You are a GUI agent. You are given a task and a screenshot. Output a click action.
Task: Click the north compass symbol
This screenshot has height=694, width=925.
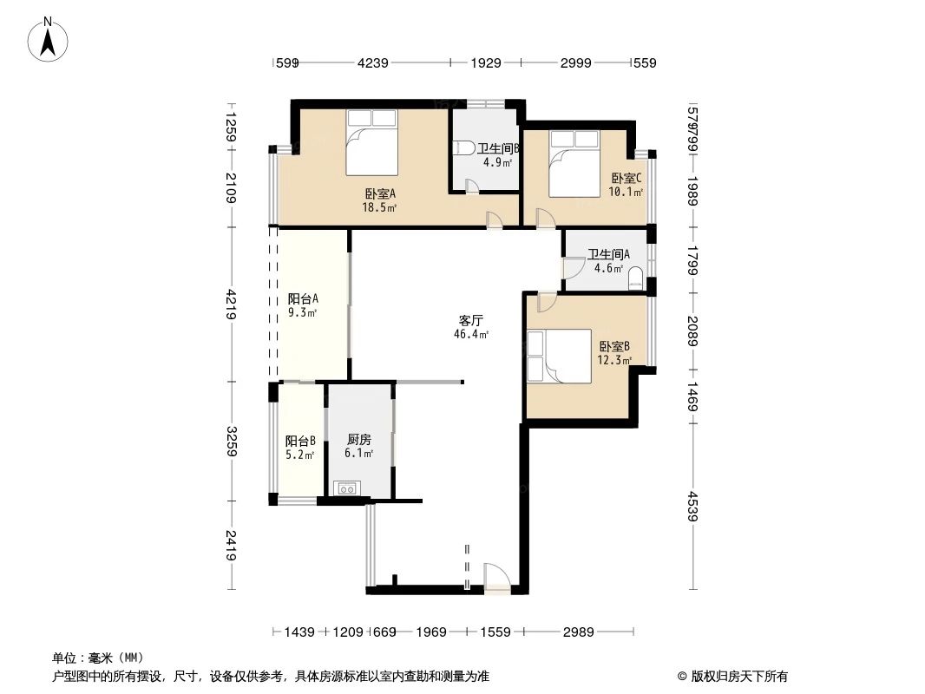coord(50,40)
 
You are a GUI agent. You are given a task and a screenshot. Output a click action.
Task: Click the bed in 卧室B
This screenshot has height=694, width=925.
coord(559,356)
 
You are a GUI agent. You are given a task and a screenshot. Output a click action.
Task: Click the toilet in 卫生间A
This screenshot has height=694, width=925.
coord(635,278)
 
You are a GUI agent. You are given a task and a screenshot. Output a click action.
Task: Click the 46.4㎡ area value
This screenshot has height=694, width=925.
coord(470,334)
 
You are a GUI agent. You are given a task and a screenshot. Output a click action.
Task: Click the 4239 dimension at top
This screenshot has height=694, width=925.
coord(373,62)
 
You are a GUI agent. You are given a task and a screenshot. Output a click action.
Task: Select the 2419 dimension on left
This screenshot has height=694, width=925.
coord(231,544)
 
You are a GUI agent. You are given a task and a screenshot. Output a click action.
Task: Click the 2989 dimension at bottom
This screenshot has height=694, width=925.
coord(578,632)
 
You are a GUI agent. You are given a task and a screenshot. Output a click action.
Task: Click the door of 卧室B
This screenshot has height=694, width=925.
coord(547,301)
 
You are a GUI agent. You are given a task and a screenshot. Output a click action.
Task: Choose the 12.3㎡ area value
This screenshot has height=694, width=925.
coord(613,360)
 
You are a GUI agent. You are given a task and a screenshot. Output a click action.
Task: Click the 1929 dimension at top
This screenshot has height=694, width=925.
coord(486,62)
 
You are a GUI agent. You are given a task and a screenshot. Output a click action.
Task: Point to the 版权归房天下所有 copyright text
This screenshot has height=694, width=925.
coord(732,677)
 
